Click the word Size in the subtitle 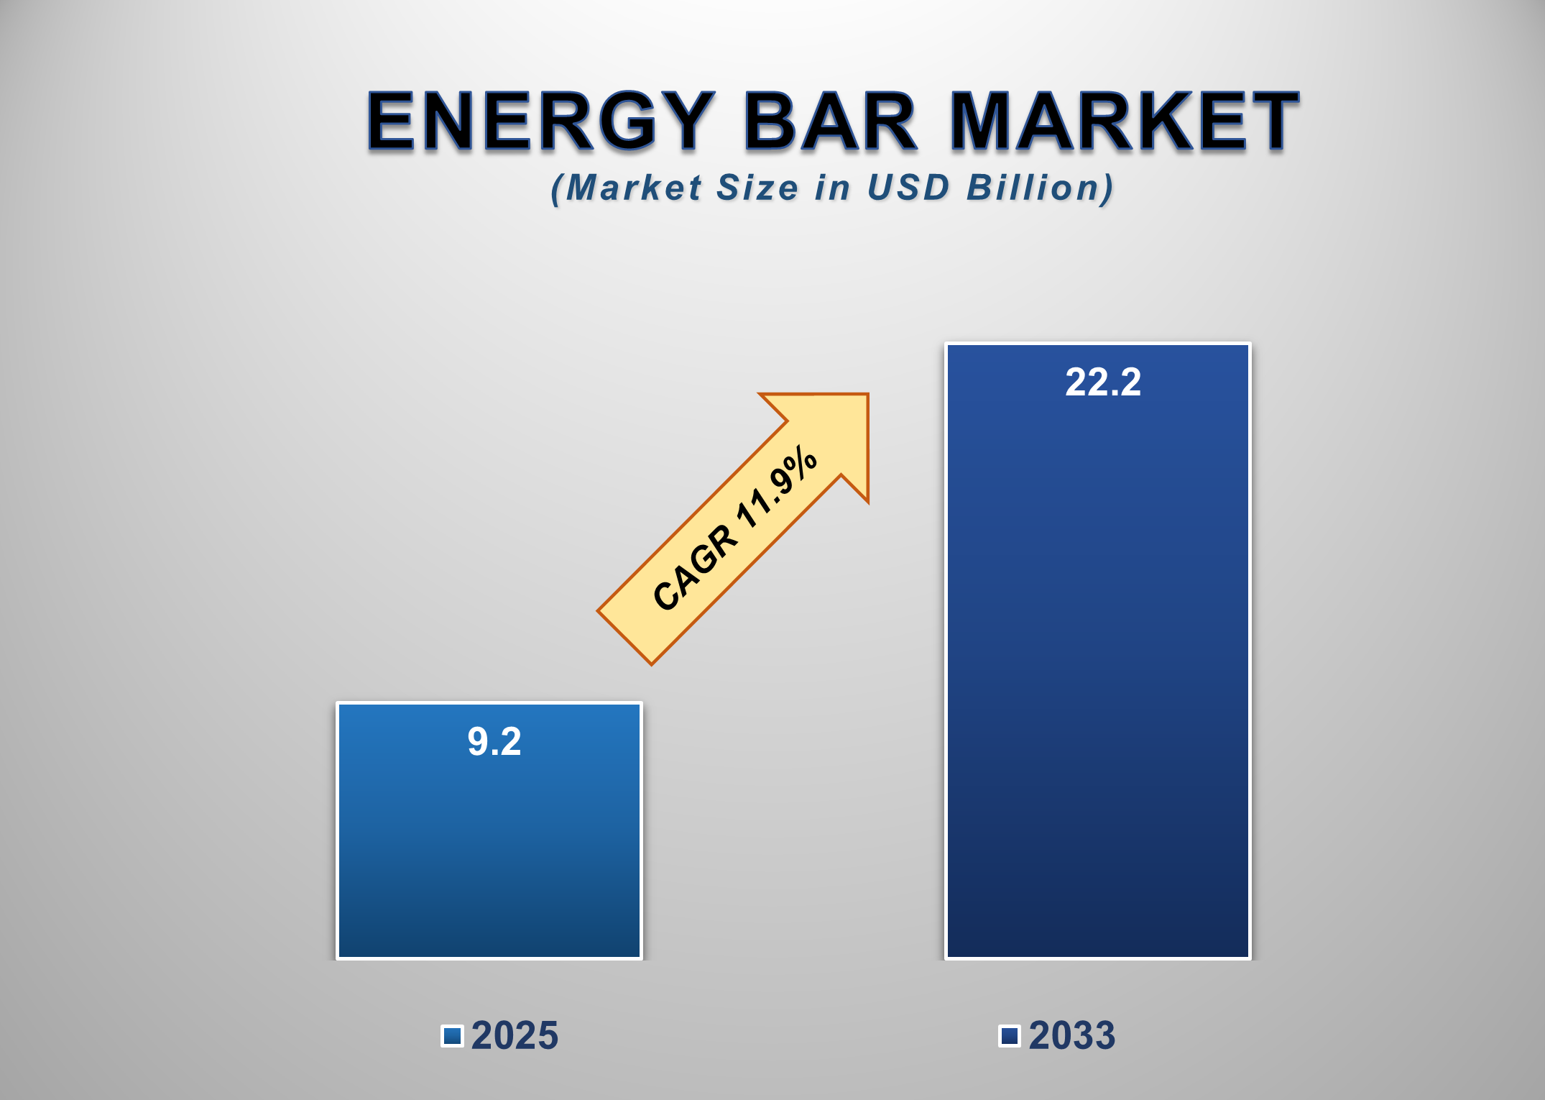click(x=757, y=188)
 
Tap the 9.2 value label click(x=494, y=741)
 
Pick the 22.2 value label click(x=1102, y=382)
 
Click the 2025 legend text click(x=515, y=1036)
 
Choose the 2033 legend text click(x=1072, y=1036)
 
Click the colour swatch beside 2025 click(x=452, y=1036)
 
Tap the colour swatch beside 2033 click(x=1010, y=1036)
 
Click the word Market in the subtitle click(x=633, y=188)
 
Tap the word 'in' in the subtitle click(x=833, y=188)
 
